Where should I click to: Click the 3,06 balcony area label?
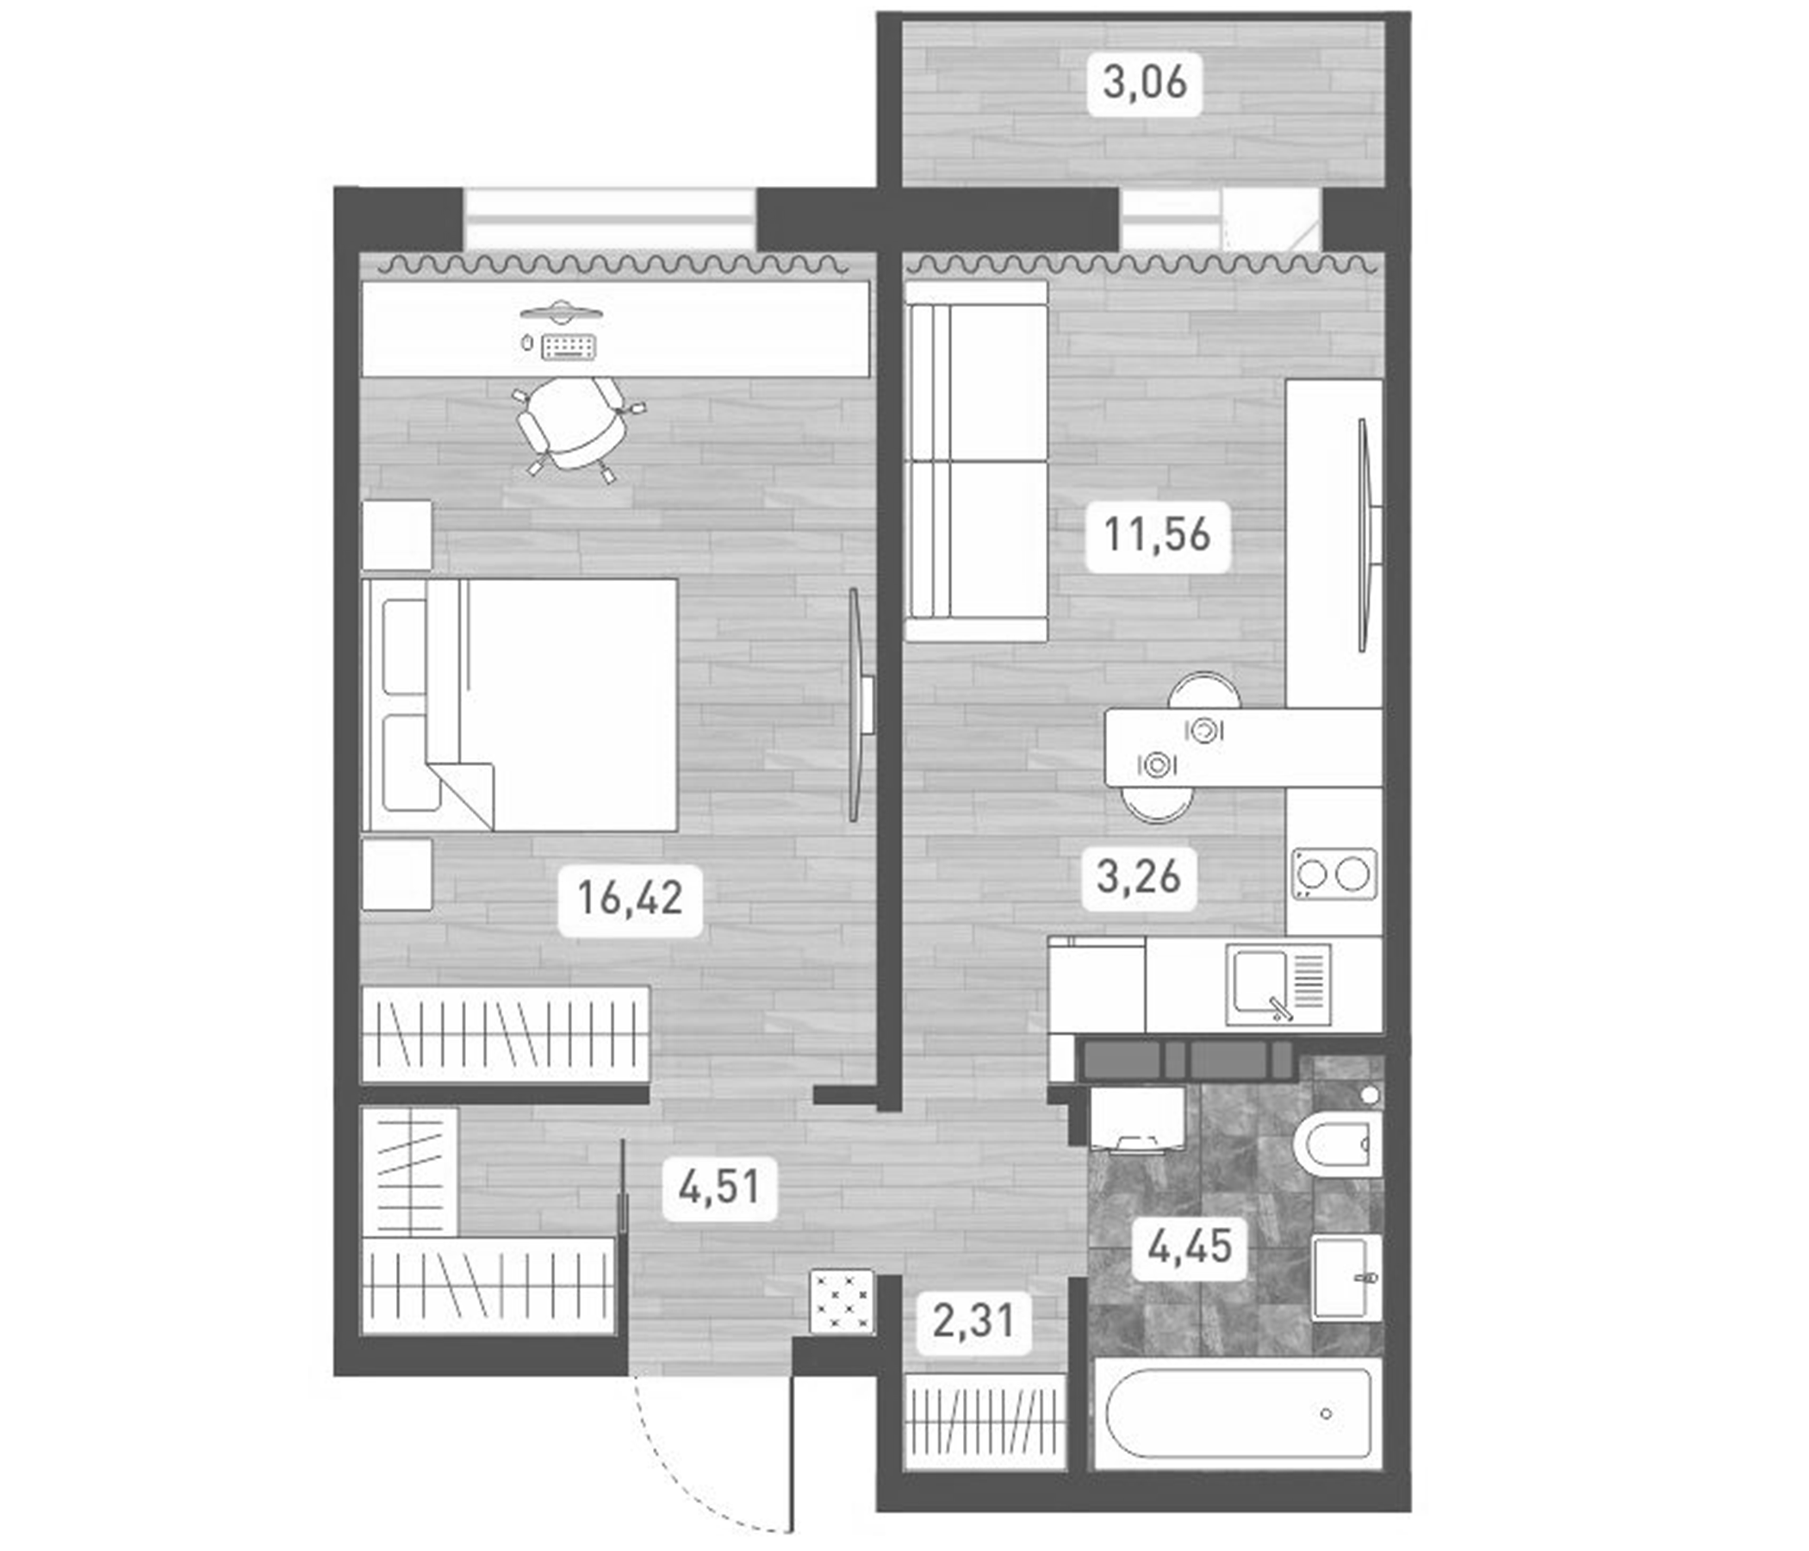(1144, 84)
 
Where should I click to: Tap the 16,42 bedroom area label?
(630, 898)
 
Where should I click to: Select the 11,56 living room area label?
(1157, 534)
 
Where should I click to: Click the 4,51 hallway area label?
(718, 1187)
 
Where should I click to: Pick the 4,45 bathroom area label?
(1190, 1246)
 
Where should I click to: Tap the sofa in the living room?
(976, 461)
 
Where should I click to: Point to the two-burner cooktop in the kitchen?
(1333, 875)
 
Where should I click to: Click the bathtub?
(1238, 1413)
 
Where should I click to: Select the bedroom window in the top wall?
(609, 218)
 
